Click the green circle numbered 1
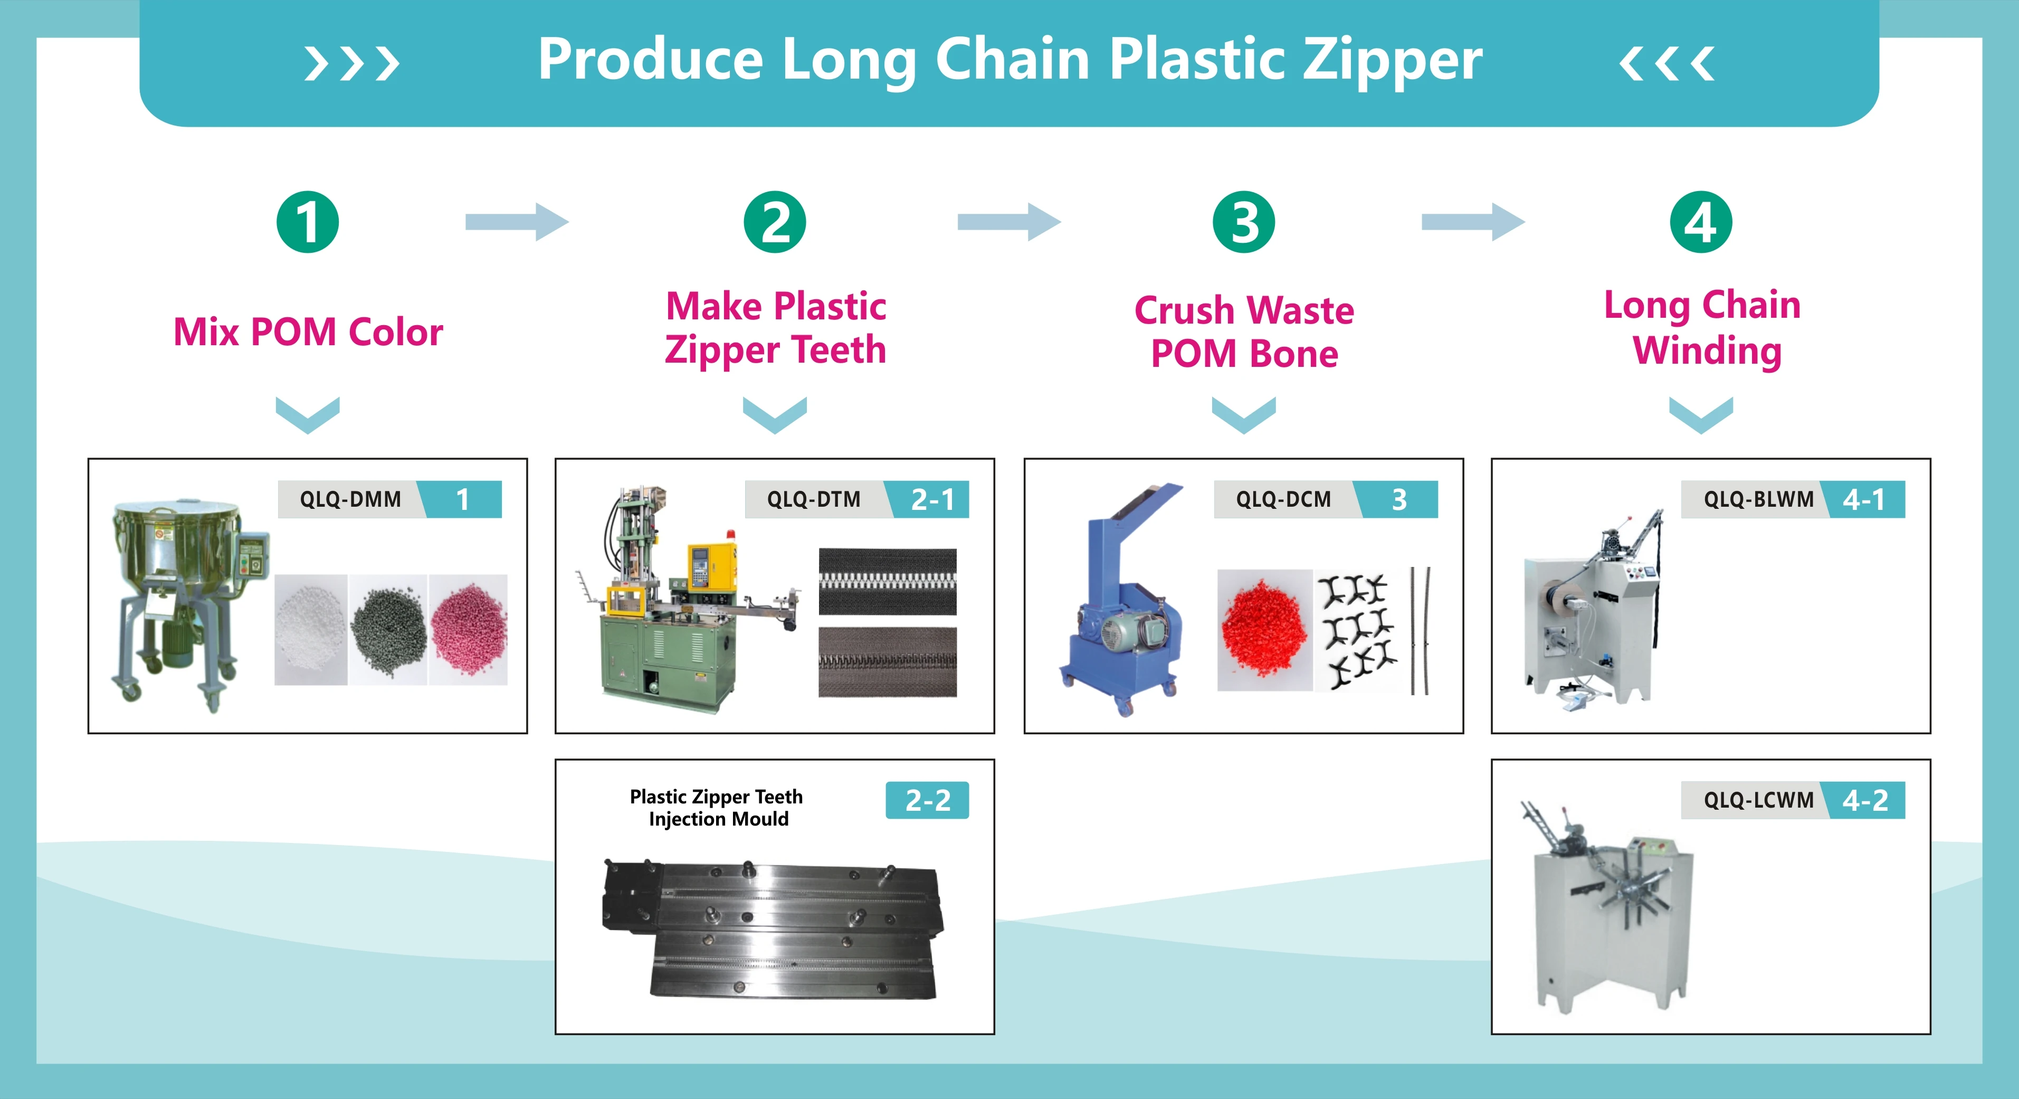pyautogui.click(x=307, y=222)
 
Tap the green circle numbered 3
pyautogui.click(x=1243, y=222)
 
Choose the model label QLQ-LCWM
pyautogui.click(x=1758, y=800)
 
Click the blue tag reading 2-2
pyautogui.click(x=927, y=800)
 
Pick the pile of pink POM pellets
pyautogui.click(x=468, y=629)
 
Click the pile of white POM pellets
pyautogui.click(x=310, y=629)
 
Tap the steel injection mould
pyautogui.click(x=772, y=929)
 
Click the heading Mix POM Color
pyautogui.click(x=308, y=331)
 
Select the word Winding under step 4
pyautogui.click(x=1706, y=350)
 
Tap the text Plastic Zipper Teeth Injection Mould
pyautogui.click(x=717, y=808)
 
